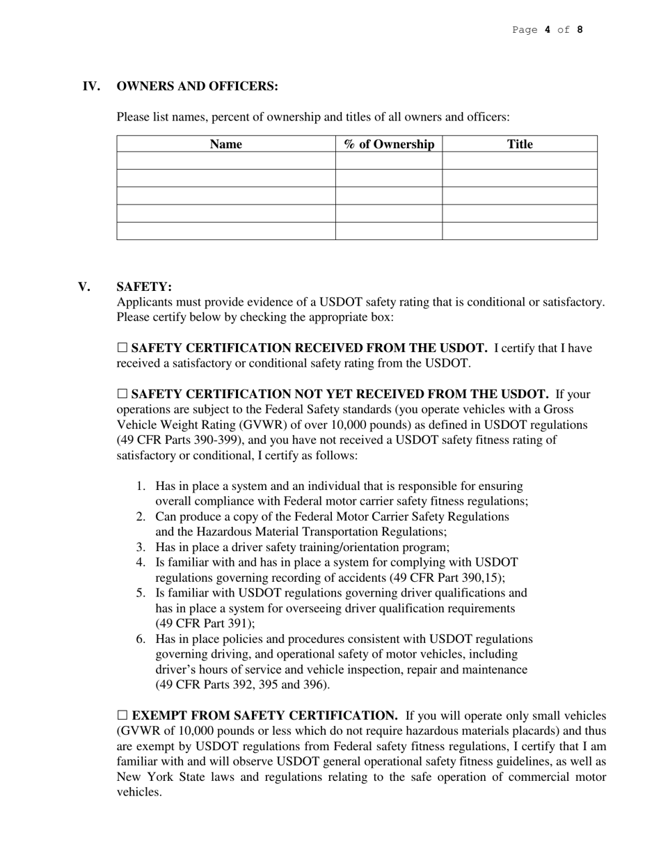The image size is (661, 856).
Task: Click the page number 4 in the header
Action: click(x=548, y=29)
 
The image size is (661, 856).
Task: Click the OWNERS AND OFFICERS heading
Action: click(x=197, y=86)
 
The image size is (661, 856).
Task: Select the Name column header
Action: click(x=225, y=144)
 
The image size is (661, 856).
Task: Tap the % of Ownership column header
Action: click(x=389, y=144)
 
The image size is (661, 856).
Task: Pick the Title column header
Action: click(x=520, y=144)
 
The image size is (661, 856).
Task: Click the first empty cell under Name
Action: click(x=225, y=161)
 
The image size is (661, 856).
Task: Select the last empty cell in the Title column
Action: click(x=520, y=231)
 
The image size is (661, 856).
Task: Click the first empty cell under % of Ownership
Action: click(x=389, y=161)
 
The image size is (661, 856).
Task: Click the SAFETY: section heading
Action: click(x=144, y=287)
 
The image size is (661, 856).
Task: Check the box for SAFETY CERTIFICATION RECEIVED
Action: click(x=122, y=348)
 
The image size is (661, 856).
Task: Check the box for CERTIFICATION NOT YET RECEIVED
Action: click(x=122, y=394)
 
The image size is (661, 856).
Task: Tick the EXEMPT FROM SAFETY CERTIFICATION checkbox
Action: click(x=122, y=715)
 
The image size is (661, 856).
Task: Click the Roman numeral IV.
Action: click(x=91, y=86)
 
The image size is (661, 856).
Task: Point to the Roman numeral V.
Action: click(x=84, y=287)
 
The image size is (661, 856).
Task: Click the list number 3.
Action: click(x=141, y=547)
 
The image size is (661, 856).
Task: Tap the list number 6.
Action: click(x=141, y=639)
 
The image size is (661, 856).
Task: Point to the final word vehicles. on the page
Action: click(x=139, y=792)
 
